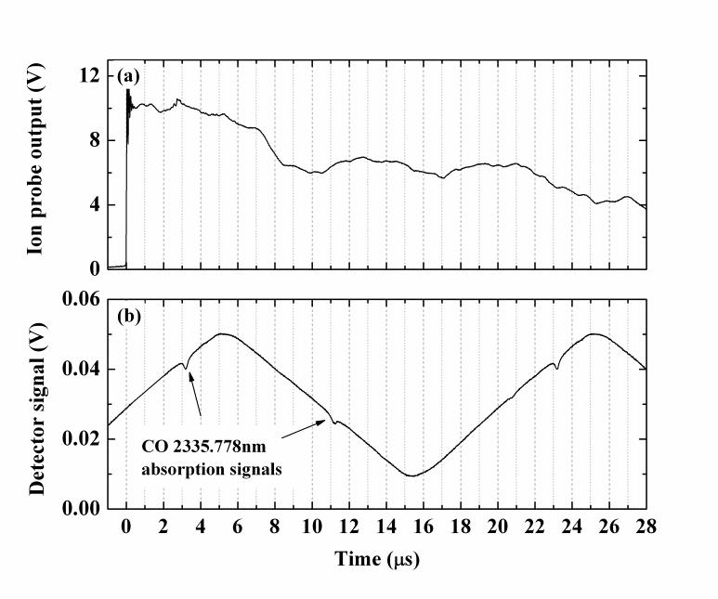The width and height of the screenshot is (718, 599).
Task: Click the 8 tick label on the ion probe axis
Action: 95,140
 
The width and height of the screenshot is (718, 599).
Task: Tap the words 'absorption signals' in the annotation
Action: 213,469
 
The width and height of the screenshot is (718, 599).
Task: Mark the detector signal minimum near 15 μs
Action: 411,475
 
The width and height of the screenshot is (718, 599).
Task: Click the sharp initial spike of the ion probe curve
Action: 128,98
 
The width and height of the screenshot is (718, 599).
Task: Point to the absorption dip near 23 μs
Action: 555,369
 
